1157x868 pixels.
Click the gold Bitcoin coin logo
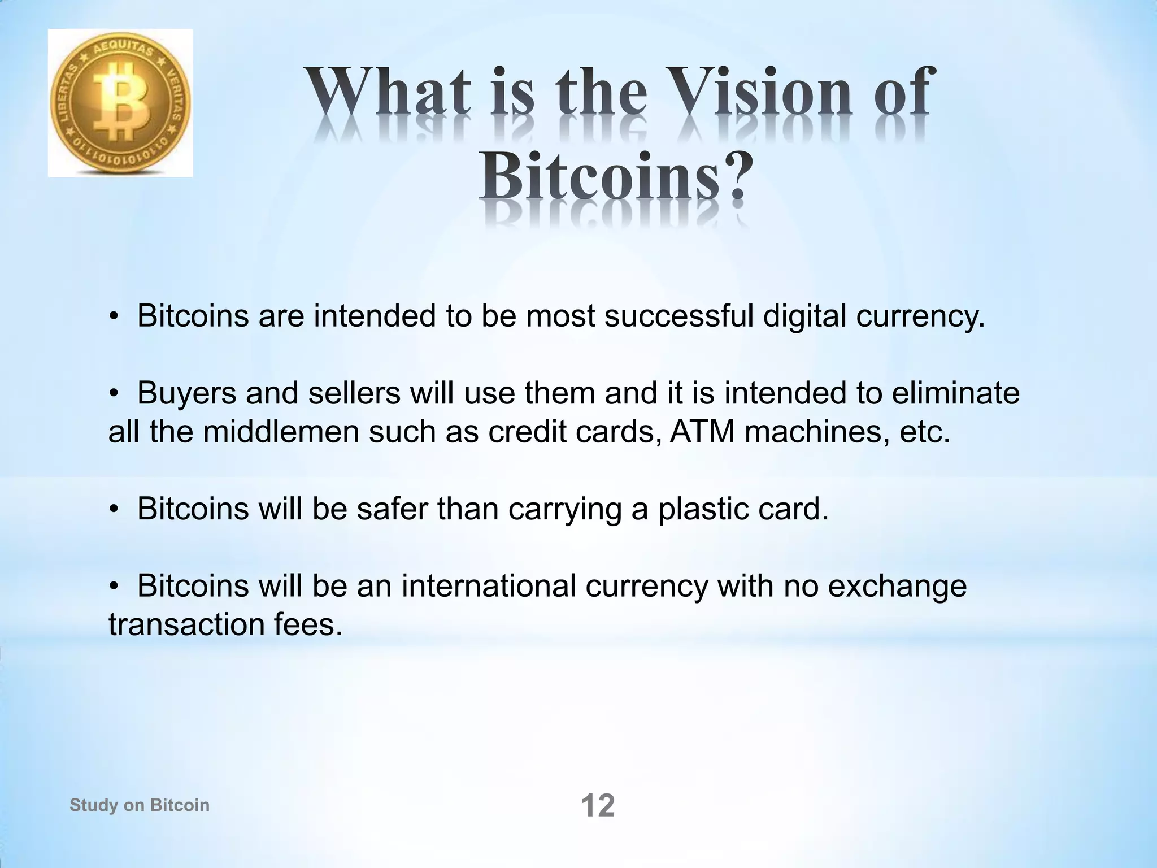click(120, 103)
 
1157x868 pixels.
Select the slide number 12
click(598, 806)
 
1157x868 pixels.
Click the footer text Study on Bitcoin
click(140, 805)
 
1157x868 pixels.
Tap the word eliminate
click(955, 393)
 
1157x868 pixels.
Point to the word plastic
click(699, 509)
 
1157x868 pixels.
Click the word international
click(489, 586)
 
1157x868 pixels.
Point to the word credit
click(527, 432)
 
